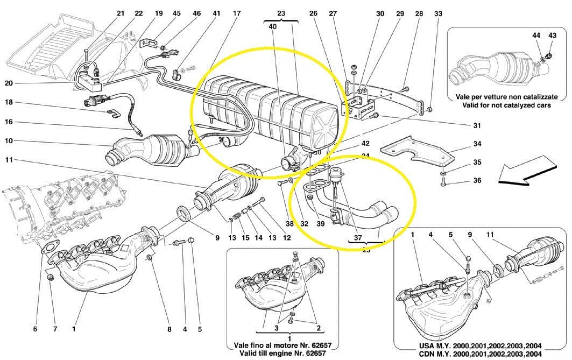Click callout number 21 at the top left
click(x=121, y=13)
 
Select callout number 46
click(x=197, y=13)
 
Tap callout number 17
click(x=237, y=13)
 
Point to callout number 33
click(x=438, y=13)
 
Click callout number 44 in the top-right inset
click(x=536, y=35)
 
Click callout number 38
click(x=289, y=223)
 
